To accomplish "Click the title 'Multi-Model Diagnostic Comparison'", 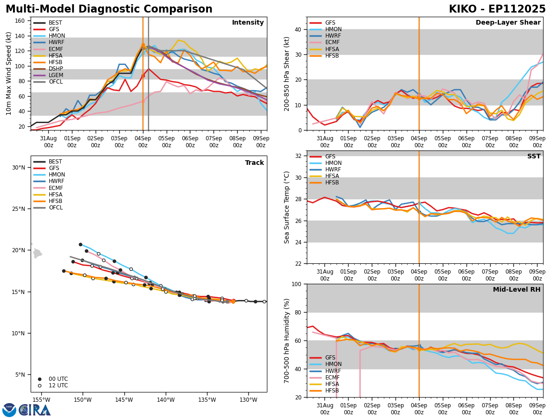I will [x=109, y=9].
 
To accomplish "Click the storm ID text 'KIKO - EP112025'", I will [x=497, y=9].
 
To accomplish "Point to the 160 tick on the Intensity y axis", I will [x=21, y=21].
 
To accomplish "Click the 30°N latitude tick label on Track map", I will [x=18, y=168].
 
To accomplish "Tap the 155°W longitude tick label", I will [x=41, y=400].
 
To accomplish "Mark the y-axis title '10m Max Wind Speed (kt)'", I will [x=9, y=73].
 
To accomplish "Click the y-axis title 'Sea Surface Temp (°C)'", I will [x=287, y=207].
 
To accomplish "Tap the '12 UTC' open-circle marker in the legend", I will [x=39, y=385].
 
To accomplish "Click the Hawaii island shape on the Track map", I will [x=37, y=254].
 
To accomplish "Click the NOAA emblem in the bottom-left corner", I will [x=9, y=410].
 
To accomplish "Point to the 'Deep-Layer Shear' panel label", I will [x=508, y=23].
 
